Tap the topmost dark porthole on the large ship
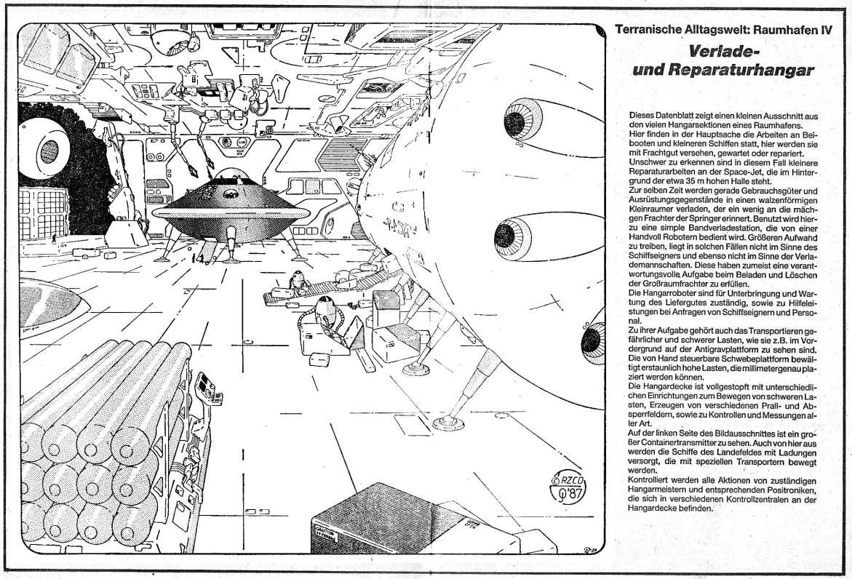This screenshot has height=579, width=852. tap(517, 120)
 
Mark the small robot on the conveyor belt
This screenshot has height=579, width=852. tap(296, 279)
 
